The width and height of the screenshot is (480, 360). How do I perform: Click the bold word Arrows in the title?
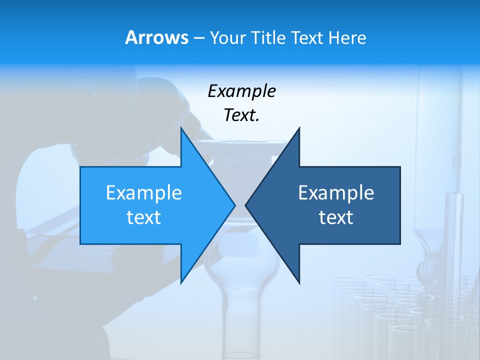tap(156, 37)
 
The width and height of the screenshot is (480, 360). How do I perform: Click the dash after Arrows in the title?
tap(198, 38)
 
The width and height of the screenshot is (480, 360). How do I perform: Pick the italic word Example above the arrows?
tap(241, 91)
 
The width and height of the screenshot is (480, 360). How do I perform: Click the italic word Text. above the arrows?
tap(241, 115)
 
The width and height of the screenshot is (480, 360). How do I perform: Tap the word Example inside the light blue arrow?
tap(144, 193)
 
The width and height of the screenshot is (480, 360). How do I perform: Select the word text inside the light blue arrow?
tap(144, 217)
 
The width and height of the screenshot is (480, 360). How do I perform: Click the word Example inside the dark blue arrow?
tap(336, 193)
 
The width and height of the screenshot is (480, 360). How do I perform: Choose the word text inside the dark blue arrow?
tap(336, 217)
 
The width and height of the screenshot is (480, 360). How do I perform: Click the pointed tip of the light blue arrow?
tap(235, 205)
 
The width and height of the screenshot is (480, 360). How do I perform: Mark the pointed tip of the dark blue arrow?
tap(245, 205)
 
